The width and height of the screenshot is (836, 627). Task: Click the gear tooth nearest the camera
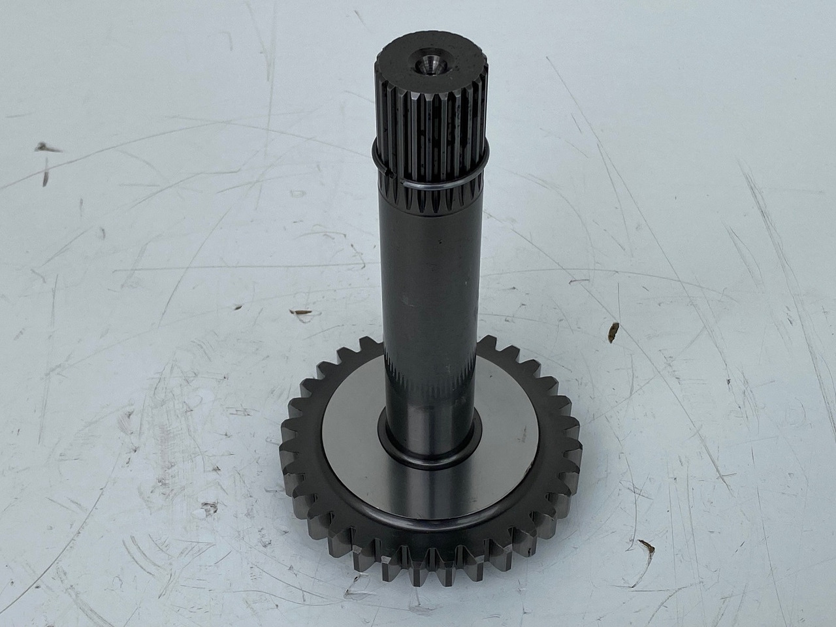[431, 575]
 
